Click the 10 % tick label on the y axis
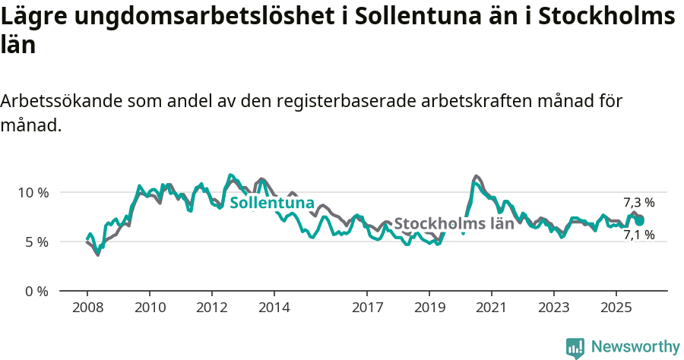pyautogui.click(x=33, y=192)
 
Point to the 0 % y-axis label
pyautogui.click(x=36, y=291)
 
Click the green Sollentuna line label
pyautogui.click(x=271, y=203)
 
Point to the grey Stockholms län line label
pyautogui.click(x=454, y=223)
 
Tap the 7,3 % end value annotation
pyautogui.click(x=638, y=202)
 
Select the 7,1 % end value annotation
pyautogui.click(x=638, y=235)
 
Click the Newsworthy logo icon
pyautogui.click(x=575, y=348)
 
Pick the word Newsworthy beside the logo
pyautogui.click(x=635, y=347)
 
